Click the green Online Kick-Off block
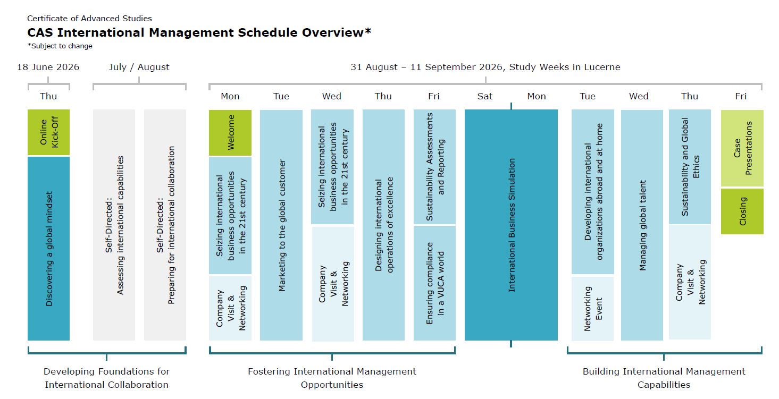tap(48, 132)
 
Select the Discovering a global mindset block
tap(48, 248)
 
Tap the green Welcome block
tap(230, 132)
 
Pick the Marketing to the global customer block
tap(281, 225)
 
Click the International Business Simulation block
tap(511, 225)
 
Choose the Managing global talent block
tap(642, 225)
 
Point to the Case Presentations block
tap(742, 148)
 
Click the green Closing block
tap(742, 211)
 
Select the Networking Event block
tap(592, 308)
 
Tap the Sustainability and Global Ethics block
tap(690, 167)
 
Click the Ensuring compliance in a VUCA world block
tap(434, 283)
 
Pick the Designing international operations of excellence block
tap(383, 225)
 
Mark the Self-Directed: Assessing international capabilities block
tap(114, 225)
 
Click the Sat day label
tap(484, 96)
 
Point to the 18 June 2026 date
tap(48, 67)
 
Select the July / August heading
tap(139, 67)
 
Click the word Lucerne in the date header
tap(601, 67)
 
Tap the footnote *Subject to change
tap(60, 46)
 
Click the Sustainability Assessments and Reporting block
tap(434, 167)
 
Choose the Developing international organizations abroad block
tap(592, 192)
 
